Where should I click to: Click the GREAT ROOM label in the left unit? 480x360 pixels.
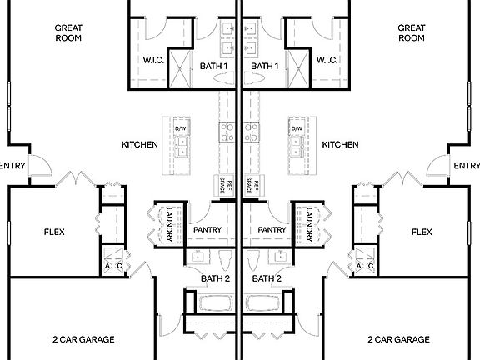click(67, 32)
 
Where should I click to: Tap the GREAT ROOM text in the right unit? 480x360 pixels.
click(412, 32)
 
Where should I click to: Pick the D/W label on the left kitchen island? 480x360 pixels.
click(180, 127)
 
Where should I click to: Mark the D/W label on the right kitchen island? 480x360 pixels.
click(297, 127)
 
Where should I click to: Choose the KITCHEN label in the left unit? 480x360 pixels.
click(140, 145)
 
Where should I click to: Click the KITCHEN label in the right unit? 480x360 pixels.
click(340, 145)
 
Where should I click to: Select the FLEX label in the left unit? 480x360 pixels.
click(54, 232)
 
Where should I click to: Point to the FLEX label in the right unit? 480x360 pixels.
click(423, 232)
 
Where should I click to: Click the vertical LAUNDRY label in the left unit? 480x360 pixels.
click(169, 224)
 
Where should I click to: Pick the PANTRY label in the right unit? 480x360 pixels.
click(272, 229)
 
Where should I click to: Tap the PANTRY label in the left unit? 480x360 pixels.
click(207, 229)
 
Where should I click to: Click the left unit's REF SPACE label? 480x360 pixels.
click(223, 187)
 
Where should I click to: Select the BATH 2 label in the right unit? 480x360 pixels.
click(267, 278)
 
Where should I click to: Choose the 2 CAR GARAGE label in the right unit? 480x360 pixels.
click(398, 339)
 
